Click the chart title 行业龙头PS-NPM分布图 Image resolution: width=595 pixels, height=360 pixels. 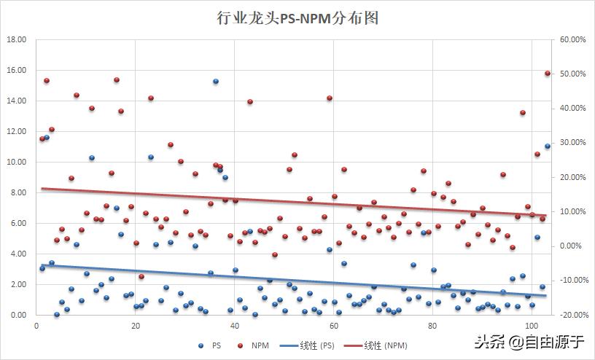(x=297, y=18)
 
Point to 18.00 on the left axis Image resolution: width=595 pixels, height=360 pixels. (x=17, y=39)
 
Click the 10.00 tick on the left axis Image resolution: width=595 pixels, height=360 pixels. (x=17, y=162)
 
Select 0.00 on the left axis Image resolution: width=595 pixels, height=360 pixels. (x=19, y=315)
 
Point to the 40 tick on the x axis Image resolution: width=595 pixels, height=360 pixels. (x=234, y=326)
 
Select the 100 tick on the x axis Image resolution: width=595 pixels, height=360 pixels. (x=531, y=326)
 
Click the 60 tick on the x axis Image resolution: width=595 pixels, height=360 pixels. (x=333, y=326)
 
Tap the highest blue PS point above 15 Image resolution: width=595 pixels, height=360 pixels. (x=216, y=82)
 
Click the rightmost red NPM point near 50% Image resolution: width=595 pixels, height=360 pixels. (x=548, y=74)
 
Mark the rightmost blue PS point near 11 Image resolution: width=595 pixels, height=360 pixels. (x=548, y=146)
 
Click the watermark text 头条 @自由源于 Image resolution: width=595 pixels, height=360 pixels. (x=531, y=340)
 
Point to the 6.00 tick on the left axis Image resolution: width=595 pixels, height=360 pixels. (x=19, y=223)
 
